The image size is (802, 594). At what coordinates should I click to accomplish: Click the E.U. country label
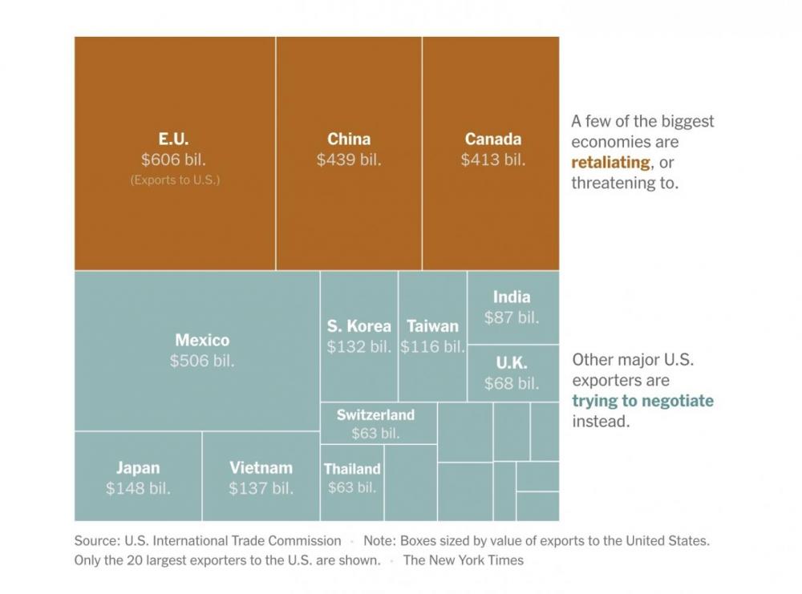(x=174, y=139)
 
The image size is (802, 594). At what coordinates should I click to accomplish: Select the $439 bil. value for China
(x=349, y=160)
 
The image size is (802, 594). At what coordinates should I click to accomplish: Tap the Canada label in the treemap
(x=493, y=139)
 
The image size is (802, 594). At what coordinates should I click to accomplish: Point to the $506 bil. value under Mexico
(x=202, y=361)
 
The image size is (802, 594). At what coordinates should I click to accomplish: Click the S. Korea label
(x=359, y=326)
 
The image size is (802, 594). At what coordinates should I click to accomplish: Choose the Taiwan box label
(x=432, y=326)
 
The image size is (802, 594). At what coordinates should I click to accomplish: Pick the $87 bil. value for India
(x=512, y=317)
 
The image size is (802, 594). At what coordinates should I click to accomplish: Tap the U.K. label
(x=512, y=363)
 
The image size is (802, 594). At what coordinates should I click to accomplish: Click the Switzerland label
(x=375, y=415)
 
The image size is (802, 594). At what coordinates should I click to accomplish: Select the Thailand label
(x=352, y=469)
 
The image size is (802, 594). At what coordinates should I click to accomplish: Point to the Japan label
(x=138, y=468)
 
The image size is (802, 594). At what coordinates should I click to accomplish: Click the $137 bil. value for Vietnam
(x=261, y=488)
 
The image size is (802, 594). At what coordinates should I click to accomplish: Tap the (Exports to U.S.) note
(x=175, y=180)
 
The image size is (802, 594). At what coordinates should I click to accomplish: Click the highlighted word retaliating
(x=610, y=163)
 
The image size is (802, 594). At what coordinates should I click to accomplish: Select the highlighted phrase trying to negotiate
(x=642, y=401)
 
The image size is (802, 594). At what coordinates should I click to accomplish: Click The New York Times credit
(x=463, y=560)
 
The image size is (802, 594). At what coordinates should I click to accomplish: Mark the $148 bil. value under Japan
(x=138, y=488)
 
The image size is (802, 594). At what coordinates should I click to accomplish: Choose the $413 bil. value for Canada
(x=493, y=160)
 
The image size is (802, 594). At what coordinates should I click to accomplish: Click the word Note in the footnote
(x=379, y=541)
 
